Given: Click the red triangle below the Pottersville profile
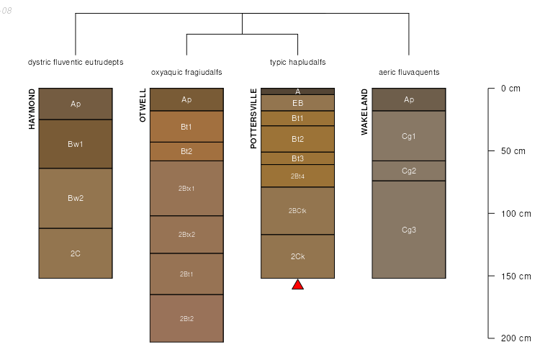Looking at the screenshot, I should [297, 285].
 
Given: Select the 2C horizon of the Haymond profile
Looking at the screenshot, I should [76, 253].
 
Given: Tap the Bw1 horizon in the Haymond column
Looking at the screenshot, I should [76, 144].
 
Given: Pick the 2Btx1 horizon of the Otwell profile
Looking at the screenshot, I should [186, 189].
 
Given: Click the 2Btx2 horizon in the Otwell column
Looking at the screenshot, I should [186, 235].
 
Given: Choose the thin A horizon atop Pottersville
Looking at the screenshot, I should [297, 91].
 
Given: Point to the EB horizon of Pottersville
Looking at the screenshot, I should [297, 103].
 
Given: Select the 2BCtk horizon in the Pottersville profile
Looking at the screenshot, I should [297, 211].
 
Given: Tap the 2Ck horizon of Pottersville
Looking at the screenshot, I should [297, 256].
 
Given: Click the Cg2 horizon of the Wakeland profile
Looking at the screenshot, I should [409, 171].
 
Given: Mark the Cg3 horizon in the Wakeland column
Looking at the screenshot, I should [409, 230].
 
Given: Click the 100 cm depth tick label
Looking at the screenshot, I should [515, 214].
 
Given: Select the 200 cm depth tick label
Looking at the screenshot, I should [515, 338].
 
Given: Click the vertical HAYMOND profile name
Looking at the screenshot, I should [32, 109].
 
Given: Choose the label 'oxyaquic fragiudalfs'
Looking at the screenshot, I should [186, 73].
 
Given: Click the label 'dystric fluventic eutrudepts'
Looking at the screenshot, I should [76, 62].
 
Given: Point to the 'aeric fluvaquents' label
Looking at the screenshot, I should [409, 73].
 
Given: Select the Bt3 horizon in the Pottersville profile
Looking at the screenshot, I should [297, 158].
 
